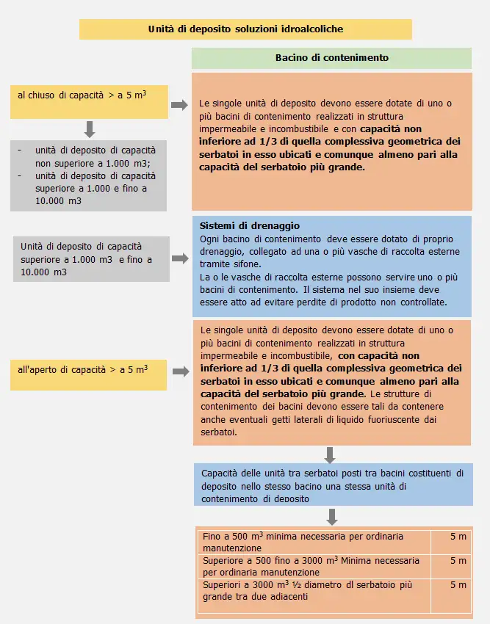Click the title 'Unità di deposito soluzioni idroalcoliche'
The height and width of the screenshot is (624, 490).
click(245, 29)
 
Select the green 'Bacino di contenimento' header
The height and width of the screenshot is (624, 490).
click(331, 57)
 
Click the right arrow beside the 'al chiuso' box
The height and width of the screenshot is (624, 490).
click(179, 105)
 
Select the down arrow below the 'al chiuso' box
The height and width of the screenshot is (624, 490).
click(90, 129)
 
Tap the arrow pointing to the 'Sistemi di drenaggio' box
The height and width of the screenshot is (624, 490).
click(179, 259)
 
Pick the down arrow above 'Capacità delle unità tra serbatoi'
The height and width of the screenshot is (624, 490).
click(331, 454)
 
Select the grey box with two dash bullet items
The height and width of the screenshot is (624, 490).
click(88, 175)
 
